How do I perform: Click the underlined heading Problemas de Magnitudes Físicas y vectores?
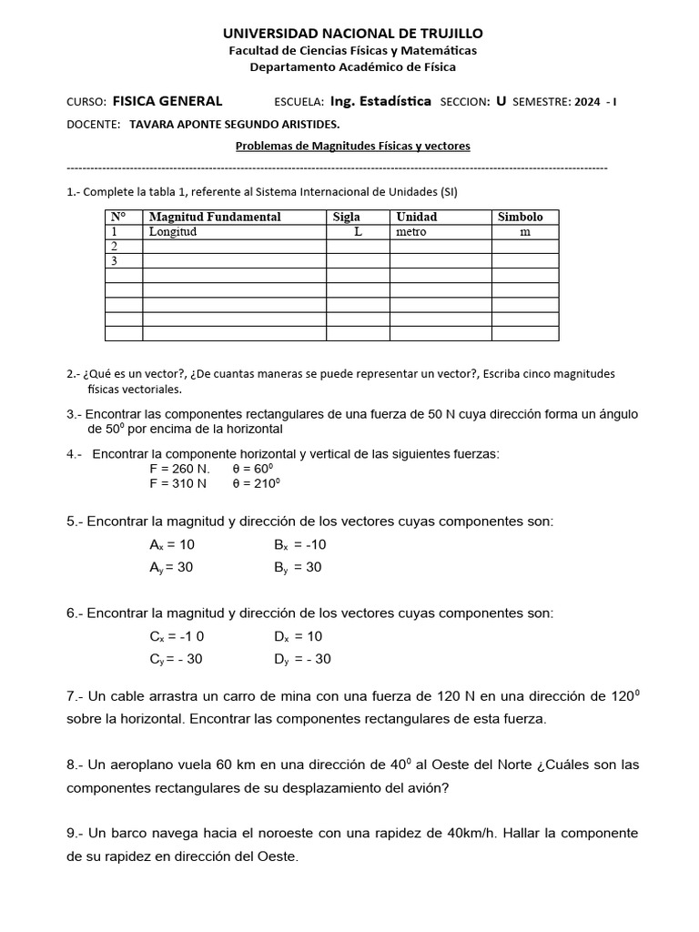353,146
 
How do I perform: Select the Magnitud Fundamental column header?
215,217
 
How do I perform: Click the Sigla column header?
347,217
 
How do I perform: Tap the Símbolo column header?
521,217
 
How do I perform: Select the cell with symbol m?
524,231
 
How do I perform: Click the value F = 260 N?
179,469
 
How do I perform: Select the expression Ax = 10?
172,544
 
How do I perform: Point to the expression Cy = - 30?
177,659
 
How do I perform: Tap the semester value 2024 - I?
595,102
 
